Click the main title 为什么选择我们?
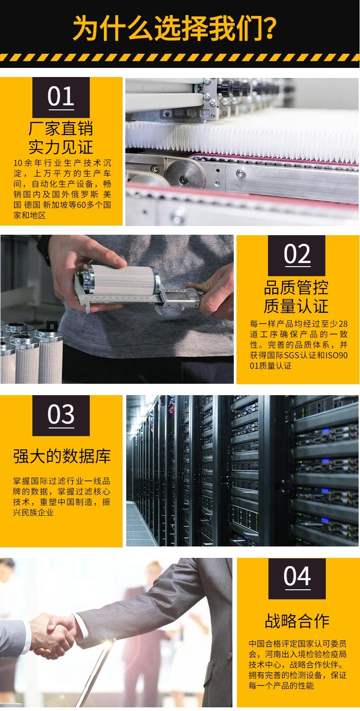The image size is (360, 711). (x=174, y=29)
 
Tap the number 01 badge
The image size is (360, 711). (x=61, y=98)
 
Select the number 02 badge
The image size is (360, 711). (x=297, y=255)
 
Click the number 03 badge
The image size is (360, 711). (x=61, y=416)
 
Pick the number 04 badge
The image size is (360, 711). (x=297, y=579)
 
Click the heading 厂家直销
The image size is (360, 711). (x=61, y=128)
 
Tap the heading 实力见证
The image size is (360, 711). (x=61, y=147)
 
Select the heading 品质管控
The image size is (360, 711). (x=296, y=288)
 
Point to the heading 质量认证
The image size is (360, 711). (x=296, y=306)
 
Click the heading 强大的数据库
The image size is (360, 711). (x=62, y=456)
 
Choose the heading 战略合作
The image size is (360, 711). (x=297, y=621)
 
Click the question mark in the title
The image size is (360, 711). (x=269, y=29)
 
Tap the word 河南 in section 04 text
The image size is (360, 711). (x=273, y=654)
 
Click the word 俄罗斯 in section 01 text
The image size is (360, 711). (x=83, y=194)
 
